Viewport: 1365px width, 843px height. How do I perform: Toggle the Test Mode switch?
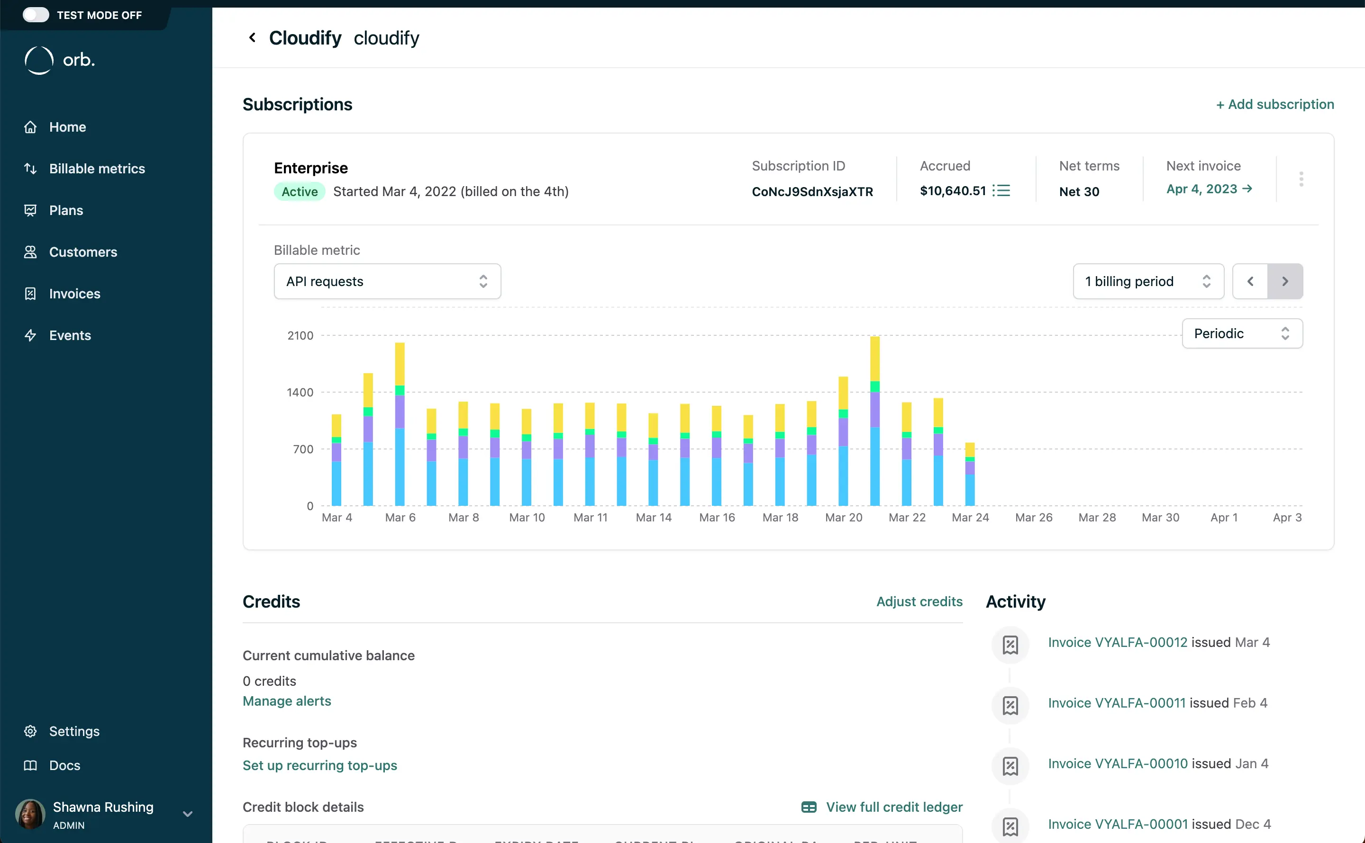[x=36, y=15]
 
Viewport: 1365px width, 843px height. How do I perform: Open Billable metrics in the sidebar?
[x=97, y=169]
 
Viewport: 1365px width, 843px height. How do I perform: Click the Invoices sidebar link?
[x=74, y=294]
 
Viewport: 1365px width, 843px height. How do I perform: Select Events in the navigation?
[x=70, y=335]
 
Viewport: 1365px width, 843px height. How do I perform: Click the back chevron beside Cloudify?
[x=252, y=38]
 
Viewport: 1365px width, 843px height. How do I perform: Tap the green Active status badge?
[x=300, y=192]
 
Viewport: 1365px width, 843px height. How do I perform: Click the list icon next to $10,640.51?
[x=1002, y=191]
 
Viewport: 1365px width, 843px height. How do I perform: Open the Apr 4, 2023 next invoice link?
[x=1209, y=189]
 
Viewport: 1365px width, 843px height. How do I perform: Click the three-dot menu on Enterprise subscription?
[x=1301, y=179]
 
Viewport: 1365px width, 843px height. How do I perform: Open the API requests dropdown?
[x=387, y=282]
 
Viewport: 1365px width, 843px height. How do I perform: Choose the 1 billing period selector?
[x=1148, y=282]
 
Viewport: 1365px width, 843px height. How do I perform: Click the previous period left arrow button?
[x=1250, y=282]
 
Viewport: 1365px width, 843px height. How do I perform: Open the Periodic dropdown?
[x=1242, y=333]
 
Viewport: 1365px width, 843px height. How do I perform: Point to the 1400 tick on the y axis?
[x=300, y=393]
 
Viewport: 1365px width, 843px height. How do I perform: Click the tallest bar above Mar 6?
[x=400, y=424]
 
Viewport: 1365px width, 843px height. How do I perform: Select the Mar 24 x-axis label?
[x=970, y=517]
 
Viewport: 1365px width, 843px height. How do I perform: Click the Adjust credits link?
[x=919, y=601]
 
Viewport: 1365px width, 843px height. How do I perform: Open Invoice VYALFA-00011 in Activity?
[x=1116, y=703]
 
